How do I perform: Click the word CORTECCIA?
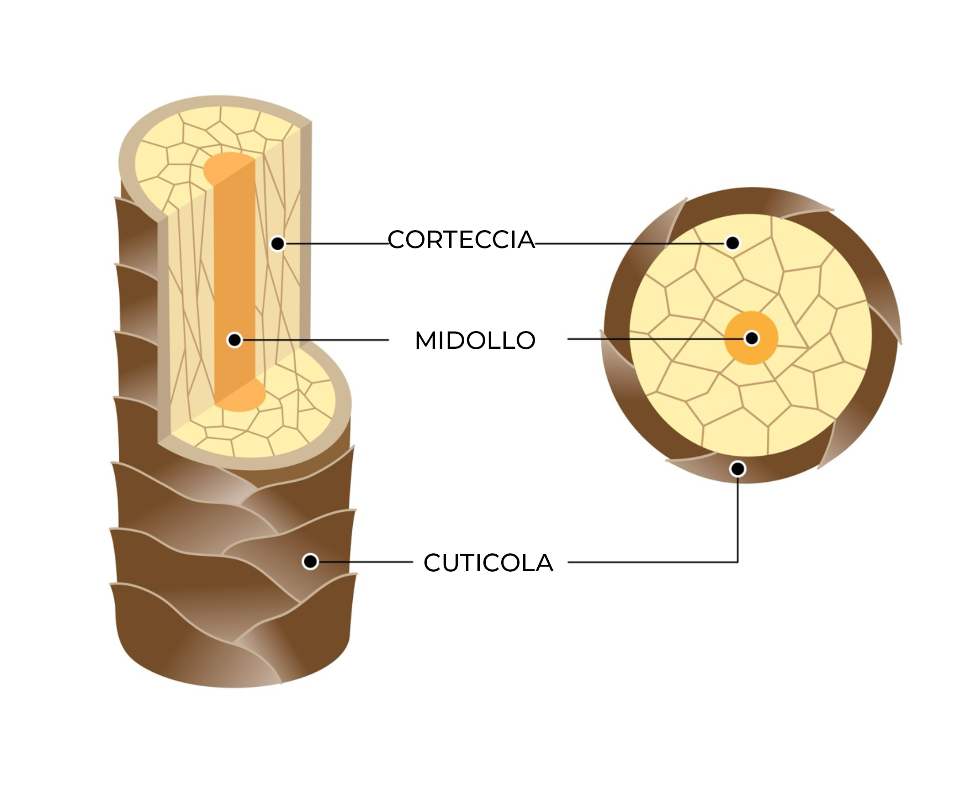[x=461, y=240]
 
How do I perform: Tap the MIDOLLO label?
[x=475, y=340]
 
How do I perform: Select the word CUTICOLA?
[x=488, y=563]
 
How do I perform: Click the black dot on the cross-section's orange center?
[x=752, y=338]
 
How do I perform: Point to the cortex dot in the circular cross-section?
[x=732, y=243]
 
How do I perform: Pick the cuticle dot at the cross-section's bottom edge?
[x=737, y=469]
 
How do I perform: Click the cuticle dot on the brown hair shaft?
[x=310, y=561]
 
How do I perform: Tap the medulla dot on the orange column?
[x=235, y=340]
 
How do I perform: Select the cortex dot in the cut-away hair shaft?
[x=277, y=244]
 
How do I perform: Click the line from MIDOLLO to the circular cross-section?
[x=650, y=339]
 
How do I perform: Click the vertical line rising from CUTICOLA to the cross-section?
[x=737, y=517]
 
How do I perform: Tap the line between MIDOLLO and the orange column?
[x=316, y=340]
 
